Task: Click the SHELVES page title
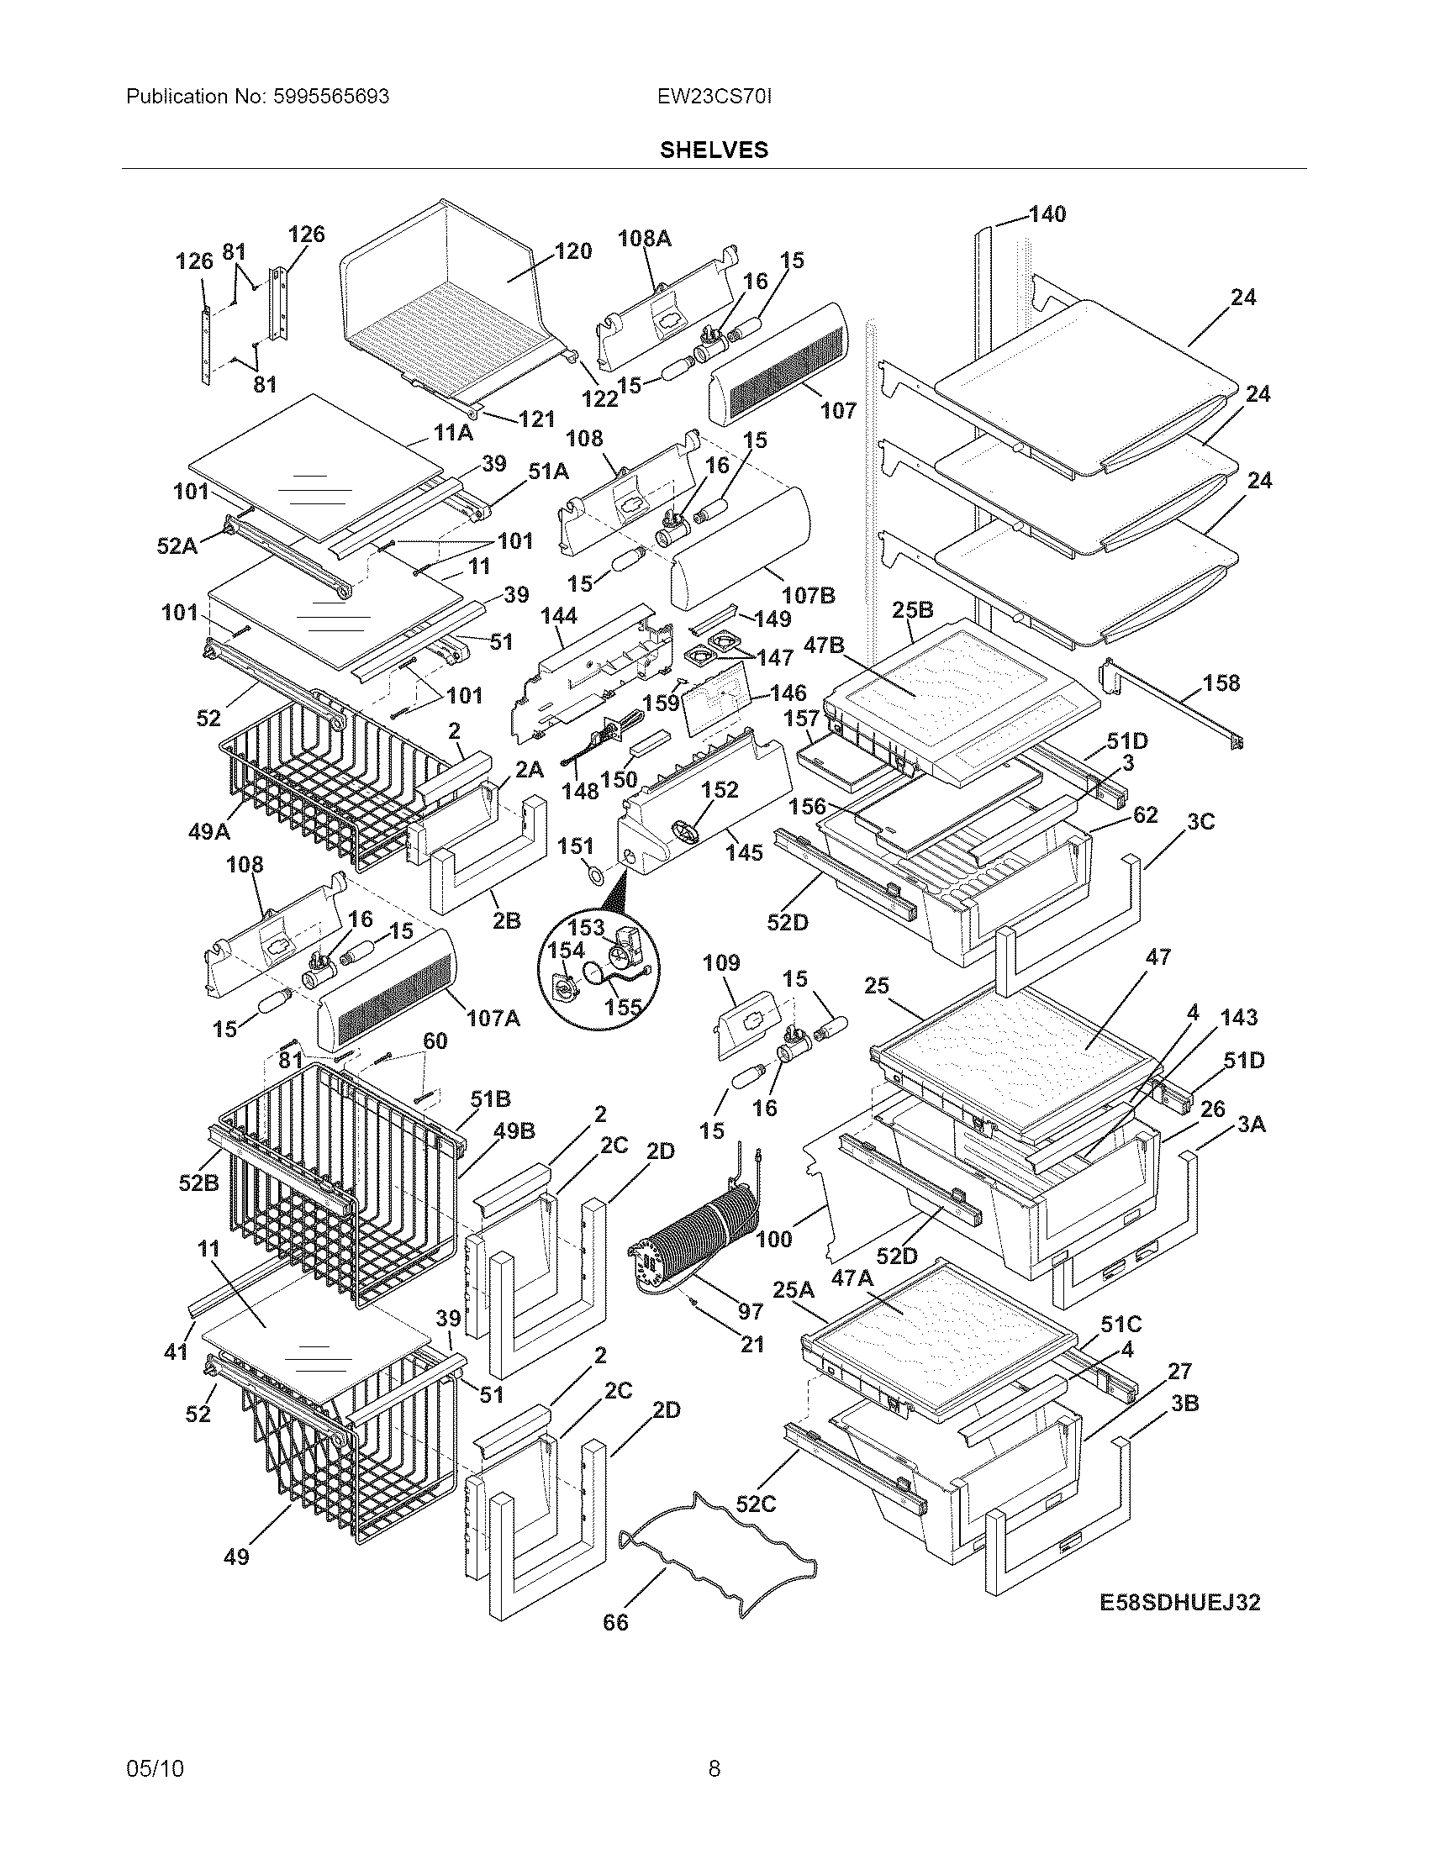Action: [714, 150]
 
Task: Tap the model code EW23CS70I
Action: [714, 97]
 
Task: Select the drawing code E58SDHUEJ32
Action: [1179, 1602]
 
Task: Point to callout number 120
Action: [572, 251]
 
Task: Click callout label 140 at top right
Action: [1047, 214]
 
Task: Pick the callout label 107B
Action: [808, 595]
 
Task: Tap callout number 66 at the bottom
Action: [615, 1622]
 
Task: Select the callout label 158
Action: [1221, 682]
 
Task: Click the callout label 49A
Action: [208, 831]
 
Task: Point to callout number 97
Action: [750, 1311]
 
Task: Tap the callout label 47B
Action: [824, 645]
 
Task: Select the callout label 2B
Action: [506, 920]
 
